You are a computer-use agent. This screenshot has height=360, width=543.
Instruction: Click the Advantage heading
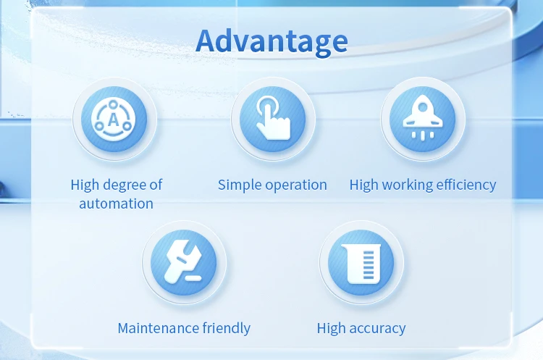271,41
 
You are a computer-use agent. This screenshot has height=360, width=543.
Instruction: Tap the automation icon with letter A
114,120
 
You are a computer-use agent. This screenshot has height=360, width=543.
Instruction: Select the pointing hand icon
273,119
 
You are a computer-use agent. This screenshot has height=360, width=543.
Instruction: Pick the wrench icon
184,261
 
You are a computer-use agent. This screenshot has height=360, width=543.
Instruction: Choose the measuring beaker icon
361,261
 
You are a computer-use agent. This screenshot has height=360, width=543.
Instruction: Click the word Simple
239,185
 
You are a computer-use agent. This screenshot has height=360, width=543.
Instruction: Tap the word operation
295,185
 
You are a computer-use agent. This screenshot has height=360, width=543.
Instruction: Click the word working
405,185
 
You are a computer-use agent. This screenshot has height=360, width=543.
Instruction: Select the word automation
116,204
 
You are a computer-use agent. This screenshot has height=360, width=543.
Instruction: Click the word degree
125,185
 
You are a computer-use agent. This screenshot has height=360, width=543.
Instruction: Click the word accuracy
378,329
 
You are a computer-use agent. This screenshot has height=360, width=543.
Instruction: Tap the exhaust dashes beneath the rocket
422,135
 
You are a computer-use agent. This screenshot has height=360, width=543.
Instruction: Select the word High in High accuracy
332,328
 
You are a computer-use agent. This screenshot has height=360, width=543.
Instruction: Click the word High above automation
85,185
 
